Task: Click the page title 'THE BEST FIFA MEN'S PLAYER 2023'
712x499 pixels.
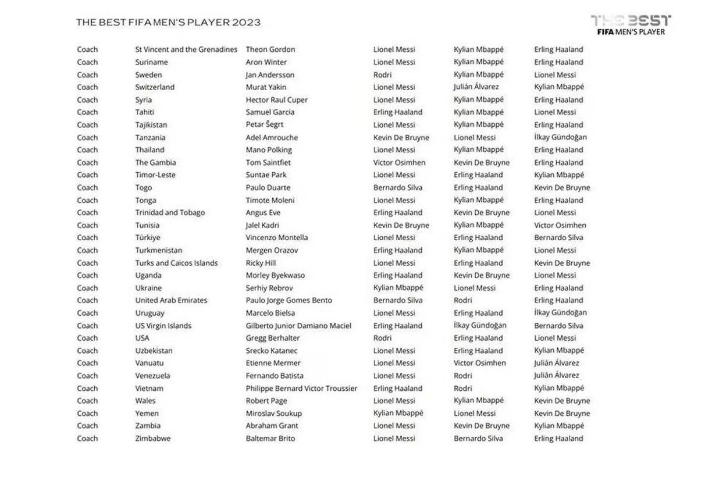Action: [168, 23]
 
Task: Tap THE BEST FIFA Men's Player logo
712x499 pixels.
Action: [631, 24]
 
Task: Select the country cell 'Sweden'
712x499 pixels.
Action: [149, 75]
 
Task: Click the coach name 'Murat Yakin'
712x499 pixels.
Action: [266, 87]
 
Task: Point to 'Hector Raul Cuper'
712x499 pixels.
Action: [276, 100]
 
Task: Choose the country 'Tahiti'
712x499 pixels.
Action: [145, 112]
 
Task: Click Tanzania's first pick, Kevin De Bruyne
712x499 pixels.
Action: [401, 138]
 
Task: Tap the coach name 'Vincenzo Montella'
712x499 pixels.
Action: [276, 238]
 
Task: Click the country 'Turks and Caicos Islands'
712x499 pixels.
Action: [176, 263]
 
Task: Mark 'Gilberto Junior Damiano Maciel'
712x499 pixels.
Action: [298, 326]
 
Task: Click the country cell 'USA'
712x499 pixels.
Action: [143, 338]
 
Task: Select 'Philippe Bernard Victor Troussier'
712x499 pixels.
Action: [301, 388]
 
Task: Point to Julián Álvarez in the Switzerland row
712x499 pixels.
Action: [476, 87]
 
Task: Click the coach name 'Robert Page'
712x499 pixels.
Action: [266, 401]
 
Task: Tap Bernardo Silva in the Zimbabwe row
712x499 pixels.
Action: [478, 439]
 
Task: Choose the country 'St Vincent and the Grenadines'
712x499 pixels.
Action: [186, 49]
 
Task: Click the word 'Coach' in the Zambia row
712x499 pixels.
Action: [87, 426]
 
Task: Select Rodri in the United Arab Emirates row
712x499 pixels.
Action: [462, 301]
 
